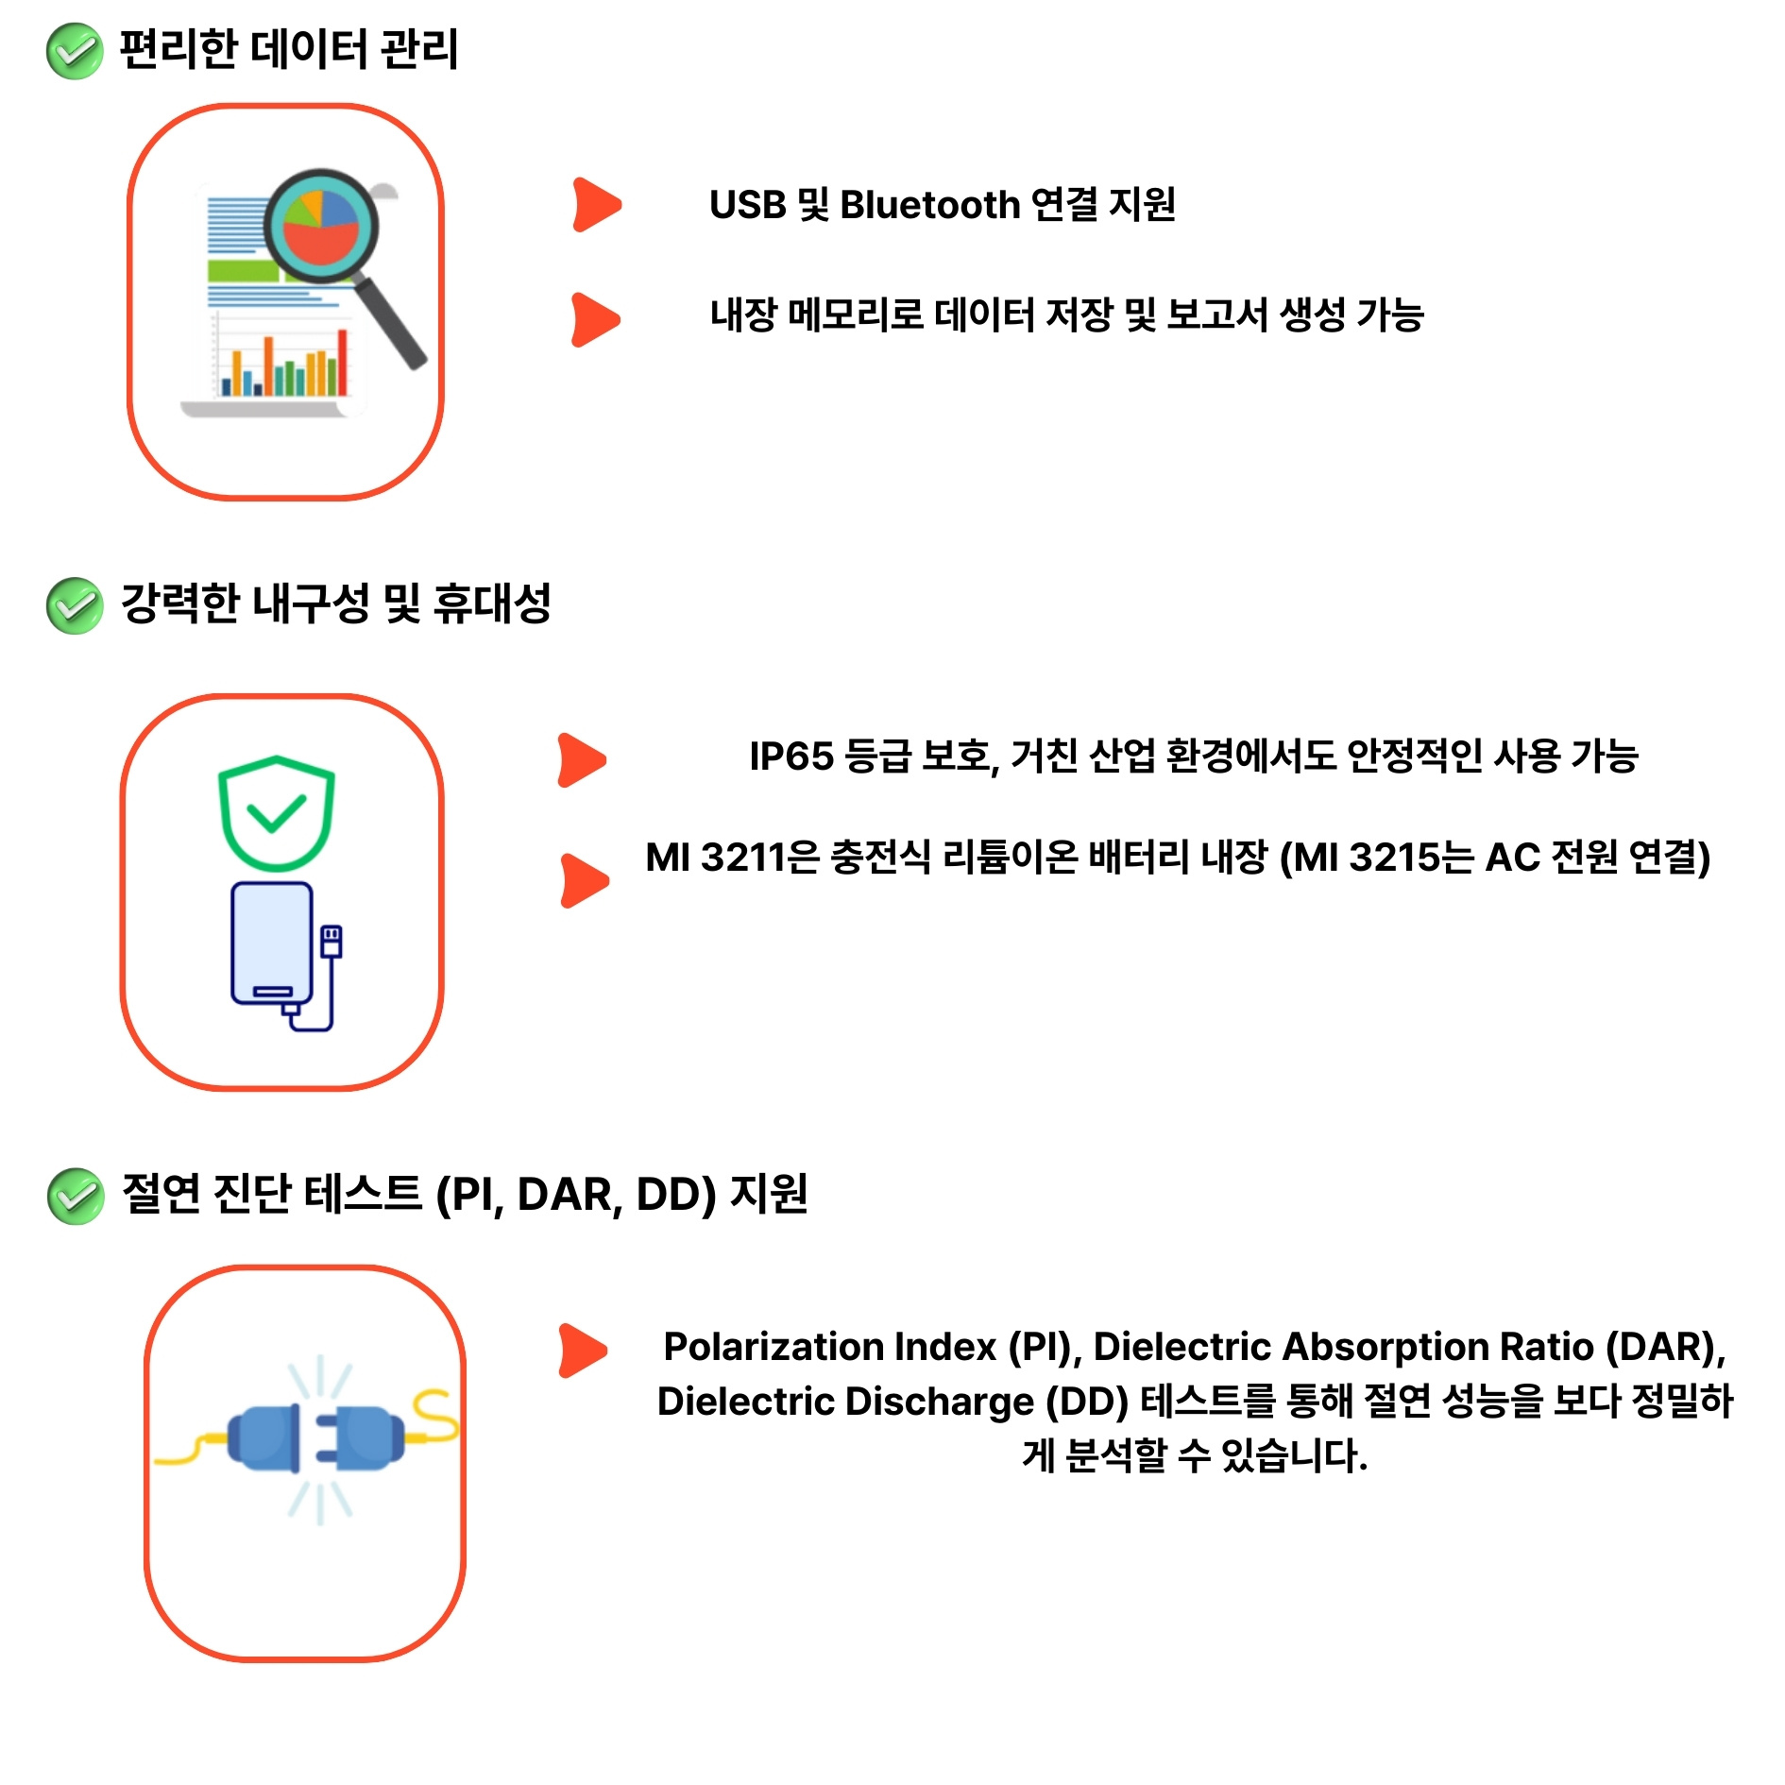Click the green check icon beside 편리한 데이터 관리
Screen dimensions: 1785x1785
point(74,51)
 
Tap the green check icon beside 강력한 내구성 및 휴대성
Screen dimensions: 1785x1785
point(74,605)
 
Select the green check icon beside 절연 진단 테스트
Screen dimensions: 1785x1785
point(76,1196)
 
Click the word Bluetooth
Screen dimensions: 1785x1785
point(929,205)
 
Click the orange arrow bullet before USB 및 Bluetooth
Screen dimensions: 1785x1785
point(596,205)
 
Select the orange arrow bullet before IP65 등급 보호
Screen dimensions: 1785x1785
point(581,759)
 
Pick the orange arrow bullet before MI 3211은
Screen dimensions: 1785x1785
point(584,880)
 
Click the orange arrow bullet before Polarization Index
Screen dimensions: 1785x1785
point(582,1350)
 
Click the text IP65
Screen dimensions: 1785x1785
point(790,756)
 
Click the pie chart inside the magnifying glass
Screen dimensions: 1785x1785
point(320,226)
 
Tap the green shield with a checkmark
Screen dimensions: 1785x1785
point(276,812)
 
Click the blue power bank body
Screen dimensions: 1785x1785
point(272,943)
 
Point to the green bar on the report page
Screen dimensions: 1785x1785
point(243,271)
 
